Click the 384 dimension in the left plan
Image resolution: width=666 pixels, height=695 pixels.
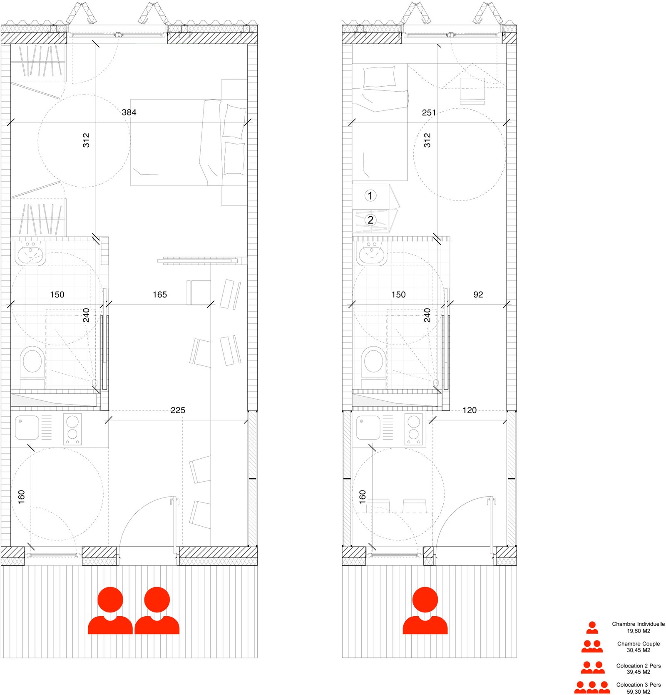click(x=129, y=112)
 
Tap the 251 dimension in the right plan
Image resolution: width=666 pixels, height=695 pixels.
click(x=429, y=112)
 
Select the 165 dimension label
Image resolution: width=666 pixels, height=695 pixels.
click(x=160, y=295)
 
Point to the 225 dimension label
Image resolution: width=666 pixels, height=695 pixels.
click(x=178, y=410)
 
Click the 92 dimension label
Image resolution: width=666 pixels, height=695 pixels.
click(x=478, y=295)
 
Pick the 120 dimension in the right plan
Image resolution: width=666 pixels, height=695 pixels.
click(x=470, y=410)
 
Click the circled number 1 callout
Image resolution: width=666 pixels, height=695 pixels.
click(x=370, y=195)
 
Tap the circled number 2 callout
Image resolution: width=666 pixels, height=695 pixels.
click(x=370, y=220)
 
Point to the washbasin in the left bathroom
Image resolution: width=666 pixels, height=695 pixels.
click(x=30, y=253)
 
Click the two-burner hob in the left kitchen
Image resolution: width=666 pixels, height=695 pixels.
click(x=72, y=429)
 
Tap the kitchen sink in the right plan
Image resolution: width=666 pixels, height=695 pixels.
click(x=368, y=427)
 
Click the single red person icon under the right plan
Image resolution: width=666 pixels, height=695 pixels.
click(x=425, y=611)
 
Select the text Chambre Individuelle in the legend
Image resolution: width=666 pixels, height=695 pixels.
click(x=638, y=624)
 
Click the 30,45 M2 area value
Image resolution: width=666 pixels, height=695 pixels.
click(x=638, y=650)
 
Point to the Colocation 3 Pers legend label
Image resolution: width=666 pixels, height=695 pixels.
click(x=639, y=685)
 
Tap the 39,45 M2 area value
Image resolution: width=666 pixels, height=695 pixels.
click(x=638, y=672)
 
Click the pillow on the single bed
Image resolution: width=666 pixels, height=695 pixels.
click(x=379, y=77)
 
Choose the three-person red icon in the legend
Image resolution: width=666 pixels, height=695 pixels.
click(x=592, y=687)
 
